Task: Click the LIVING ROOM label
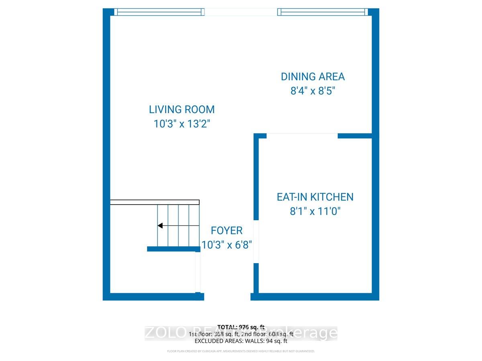point(182,110)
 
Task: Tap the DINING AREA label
point(312,77)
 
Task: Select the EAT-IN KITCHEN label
point(315,197)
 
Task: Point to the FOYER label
point(227,231)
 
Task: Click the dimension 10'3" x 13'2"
point(182,124)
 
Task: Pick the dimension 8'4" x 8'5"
point(312,91)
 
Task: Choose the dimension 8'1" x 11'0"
point(315,211)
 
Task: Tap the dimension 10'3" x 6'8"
point(227,245)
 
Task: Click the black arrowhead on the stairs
point(159,226)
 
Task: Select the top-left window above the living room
point(159,12)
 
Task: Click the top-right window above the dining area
point(322,12)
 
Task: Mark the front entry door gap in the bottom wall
point(227,297)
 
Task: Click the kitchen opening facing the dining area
point(302,136)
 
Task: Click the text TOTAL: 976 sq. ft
point(241,327)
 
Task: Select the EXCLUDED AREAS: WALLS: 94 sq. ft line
point(241,341)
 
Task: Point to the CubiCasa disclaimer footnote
point(241,351)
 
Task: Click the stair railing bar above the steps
point(155,202)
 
